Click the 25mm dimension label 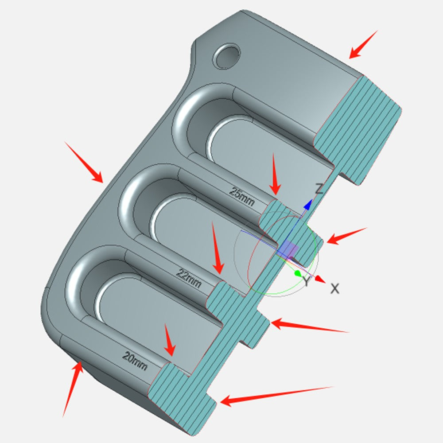click(x=241, y=196)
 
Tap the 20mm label click(x=135, y=361)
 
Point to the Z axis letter click(x=319, y=188)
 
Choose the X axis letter click(x=334, y=289)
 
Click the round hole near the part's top click(x=226, y=56)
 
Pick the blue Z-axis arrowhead click(x=308, y=204)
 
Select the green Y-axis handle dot click(x=297, y=273)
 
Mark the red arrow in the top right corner click(x=363, y=44)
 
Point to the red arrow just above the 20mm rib click(x=170, y=340)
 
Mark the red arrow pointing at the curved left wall click(x=84, y=162)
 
